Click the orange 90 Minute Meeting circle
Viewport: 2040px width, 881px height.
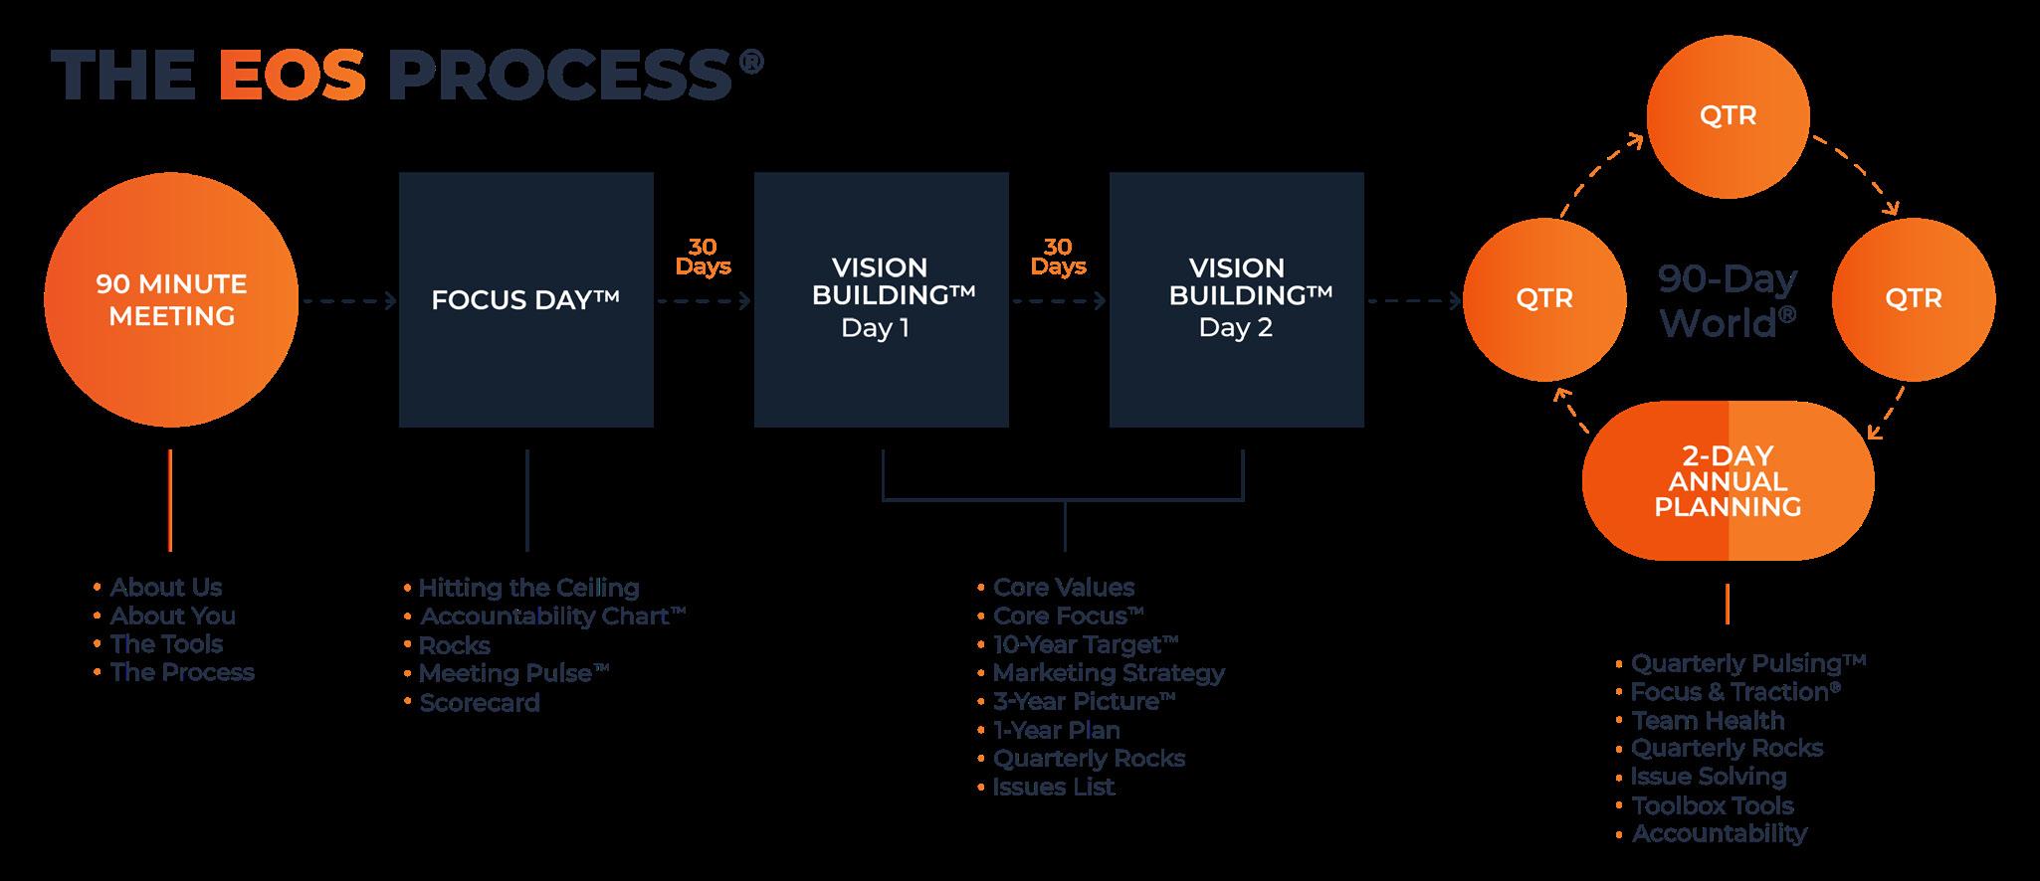click(x=171, y=299)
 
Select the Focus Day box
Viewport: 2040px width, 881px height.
click(x=525, y=299)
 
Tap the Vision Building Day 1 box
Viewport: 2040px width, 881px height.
click(x=881, y=299)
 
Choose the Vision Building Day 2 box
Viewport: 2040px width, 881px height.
click(x=1236, y=299)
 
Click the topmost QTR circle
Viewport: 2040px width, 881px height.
click(x=1728, y=116)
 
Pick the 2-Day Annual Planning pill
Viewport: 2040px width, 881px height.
click(x=1728, y=481)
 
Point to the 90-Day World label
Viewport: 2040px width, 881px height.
click(x=1728, y=300)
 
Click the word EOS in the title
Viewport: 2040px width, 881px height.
click(x=292, y=77)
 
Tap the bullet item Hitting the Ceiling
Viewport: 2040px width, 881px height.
click(x=528, y=588)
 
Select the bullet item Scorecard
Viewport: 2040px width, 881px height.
click(x=479, y=703)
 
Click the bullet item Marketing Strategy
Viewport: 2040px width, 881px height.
click(x=1108, y=673)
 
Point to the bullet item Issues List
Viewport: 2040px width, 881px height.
click(x=1053, y=788)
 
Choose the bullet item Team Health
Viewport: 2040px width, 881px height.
click(x=1707, y=721)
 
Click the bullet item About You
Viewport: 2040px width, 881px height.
click(x=172, y=617)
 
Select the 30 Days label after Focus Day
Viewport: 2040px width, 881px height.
click(x=703, y=257)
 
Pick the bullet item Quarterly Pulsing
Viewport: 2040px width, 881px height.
click(x=1746, y=663)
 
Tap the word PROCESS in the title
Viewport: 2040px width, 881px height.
click(x=559, y=77)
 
